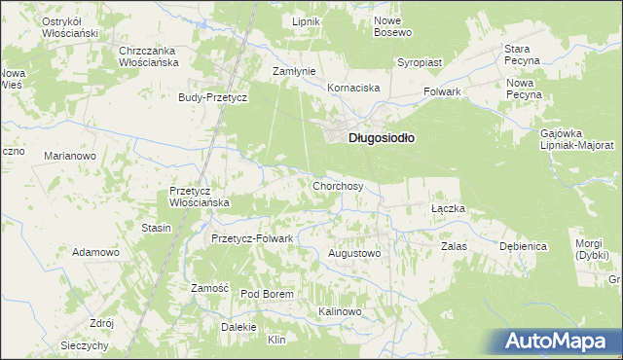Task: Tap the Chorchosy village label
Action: point(338,185)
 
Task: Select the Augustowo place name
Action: point(354,253)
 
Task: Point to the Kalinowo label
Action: point(340,311)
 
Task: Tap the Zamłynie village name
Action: point(293,72)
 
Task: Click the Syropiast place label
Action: point(420,62)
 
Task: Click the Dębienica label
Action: point(524,246)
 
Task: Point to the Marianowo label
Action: point(69,155)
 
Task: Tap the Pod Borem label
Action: point(267,294)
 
